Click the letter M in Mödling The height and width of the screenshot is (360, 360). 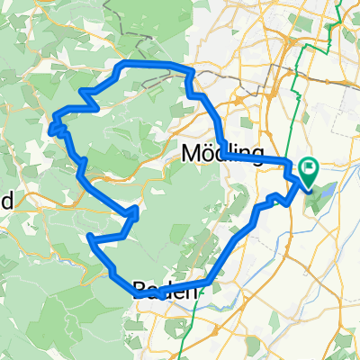click(x=192, y=151)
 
